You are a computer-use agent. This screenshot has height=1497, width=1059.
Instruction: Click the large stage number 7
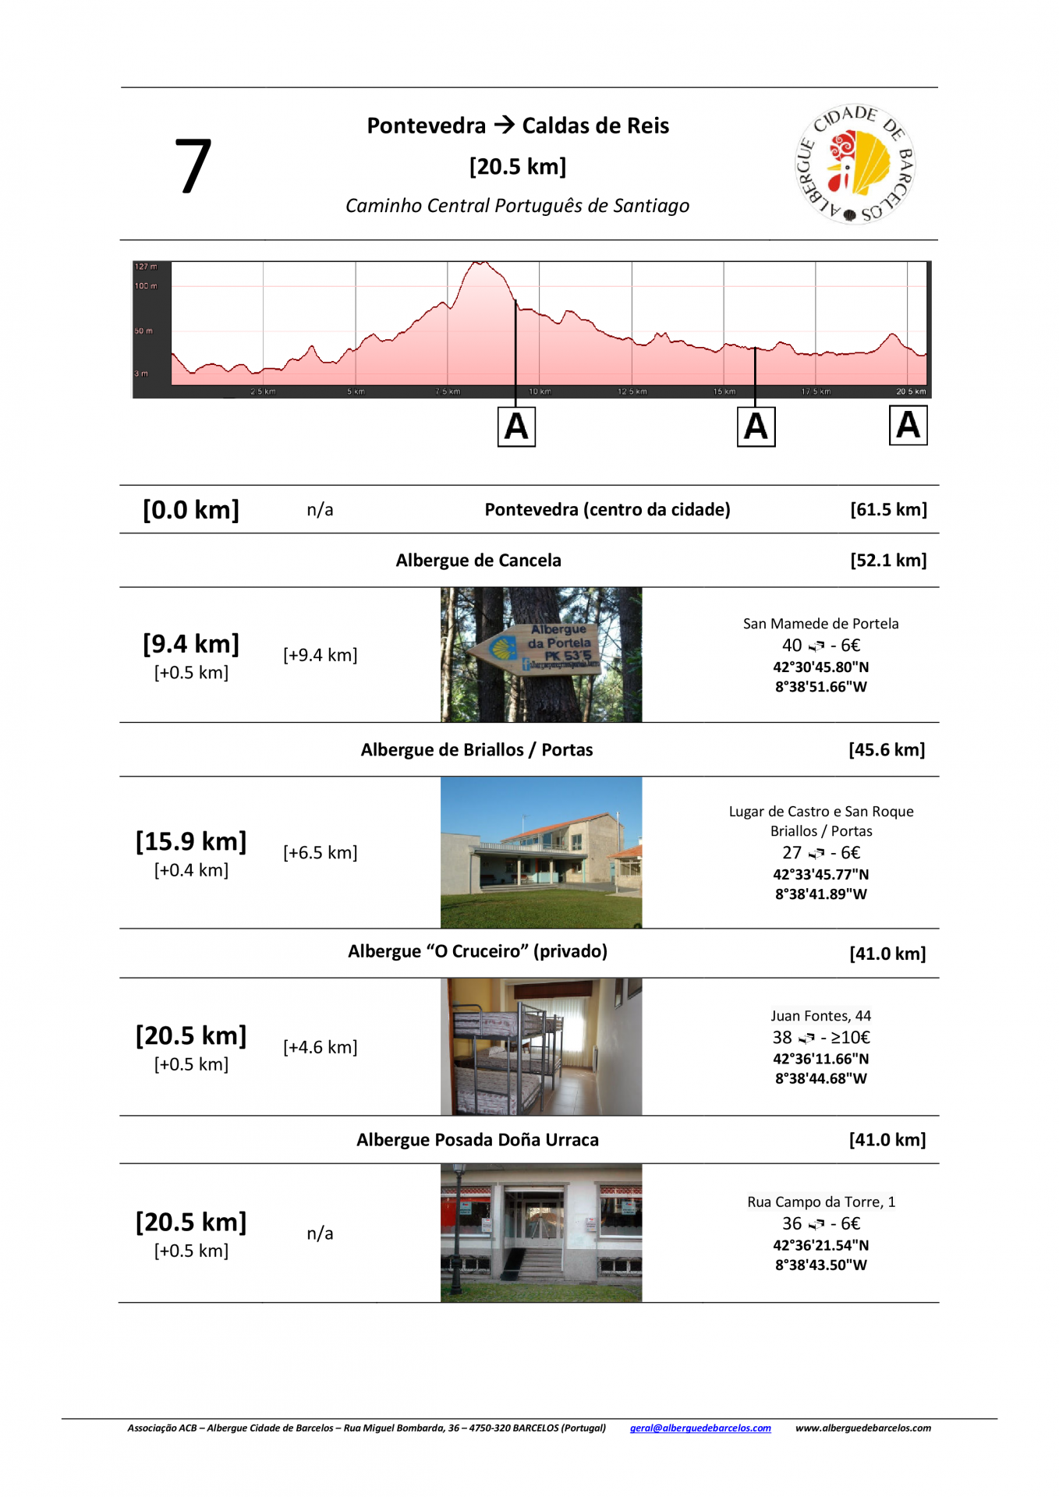pyautogui.click(x=193, y=165)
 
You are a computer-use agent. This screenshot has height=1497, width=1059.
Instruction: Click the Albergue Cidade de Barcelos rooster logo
pyautogui.click(x=855, y=164)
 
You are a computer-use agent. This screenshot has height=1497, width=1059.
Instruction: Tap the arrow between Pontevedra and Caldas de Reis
pyautogui.click(x=504, y=125)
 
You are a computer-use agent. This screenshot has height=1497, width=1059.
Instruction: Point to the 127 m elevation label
pyautogui.click(x=146, y=267)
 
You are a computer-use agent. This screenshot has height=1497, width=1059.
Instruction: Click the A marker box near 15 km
pyautogui.click(x=756, y=426)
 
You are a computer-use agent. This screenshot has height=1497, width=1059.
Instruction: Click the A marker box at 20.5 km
pyautogui.click(x=908, y=426)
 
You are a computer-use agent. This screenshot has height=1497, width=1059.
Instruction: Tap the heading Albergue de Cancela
pyautogui.click(x=478, y=561)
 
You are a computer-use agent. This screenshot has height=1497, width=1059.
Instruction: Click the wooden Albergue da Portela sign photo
pyautogui.click(x=541, y=655)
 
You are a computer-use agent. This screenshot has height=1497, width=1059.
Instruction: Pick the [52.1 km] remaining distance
pyautogui.click(x=888, y=561)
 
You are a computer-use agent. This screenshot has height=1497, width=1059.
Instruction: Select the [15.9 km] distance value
pyautogui.click(x=191, y=841)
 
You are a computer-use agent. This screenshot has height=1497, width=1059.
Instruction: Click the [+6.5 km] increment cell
pyautogui.click(x=320, y=852)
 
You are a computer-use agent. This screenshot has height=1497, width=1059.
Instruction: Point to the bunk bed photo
pyautogui.click(x=541, y=1046)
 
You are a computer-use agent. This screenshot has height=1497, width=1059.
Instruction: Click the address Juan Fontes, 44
pyautogui.click(x=820, y=1016)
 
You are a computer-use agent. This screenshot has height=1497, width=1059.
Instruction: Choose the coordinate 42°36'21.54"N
pyautogui.click(x=820, y=1245)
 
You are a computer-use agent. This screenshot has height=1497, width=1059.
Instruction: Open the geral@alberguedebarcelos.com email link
pyautogui.click(x=700, y=1428)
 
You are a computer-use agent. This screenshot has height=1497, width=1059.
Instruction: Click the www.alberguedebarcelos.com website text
pyautogui.click(x=862, y=1428)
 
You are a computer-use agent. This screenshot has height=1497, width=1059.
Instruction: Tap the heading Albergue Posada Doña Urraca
pyautogui.click(x=477, y=1140)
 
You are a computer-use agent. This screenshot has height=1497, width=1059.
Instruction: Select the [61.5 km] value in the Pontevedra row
pyautogui.click(x=888, y=510)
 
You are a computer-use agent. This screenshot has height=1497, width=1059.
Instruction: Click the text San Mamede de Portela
pyautogui.click(x=820, y=624)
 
